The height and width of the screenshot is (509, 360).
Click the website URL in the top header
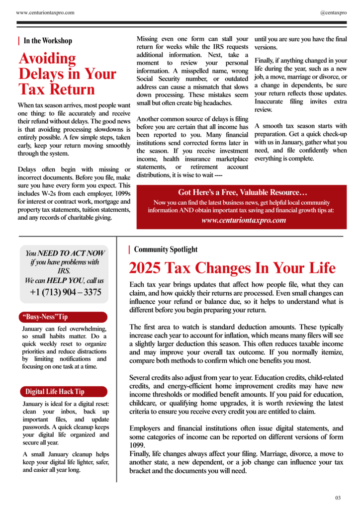click(45, 12)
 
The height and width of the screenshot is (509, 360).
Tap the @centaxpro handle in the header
click(333, 12)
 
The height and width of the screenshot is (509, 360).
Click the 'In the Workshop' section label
click(48, 41)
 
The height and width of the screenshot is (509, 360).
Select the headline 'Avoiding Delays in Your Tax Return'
click(67, 74)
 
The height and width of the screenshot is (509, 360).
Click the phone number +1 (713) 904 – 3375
click(65, 292)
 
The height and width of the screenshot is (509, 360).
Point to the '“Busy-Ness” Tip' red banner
click(64, 317)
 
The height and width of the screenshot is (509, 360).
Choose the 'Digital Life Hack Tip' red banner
click(64, 391)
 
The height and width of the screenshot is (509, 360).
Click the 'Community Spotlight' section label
click(166, 250)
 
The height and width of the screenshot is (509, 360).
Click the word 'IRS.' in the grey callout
click(64, 271)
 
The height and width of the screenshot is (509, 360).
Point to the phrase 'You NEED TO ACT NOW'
click(65, 254)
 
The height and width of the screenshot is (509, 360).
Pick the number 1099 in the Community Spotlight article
click(138, 445)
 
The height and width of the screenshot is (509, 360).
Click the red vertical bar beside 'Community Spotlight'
click(129, 250)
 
